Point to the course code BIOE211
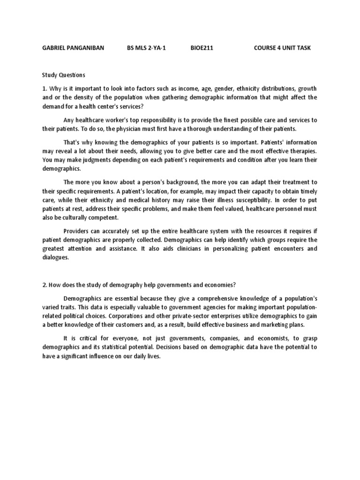pyautogui.click(x=202, y=48)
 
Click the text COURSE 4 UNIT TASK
pyautogui.click(x=282, y=48)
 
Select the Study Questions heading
pyautogui.click(x=64, y=75)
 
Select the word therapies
pyautogui.click(x=302, y=151)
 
